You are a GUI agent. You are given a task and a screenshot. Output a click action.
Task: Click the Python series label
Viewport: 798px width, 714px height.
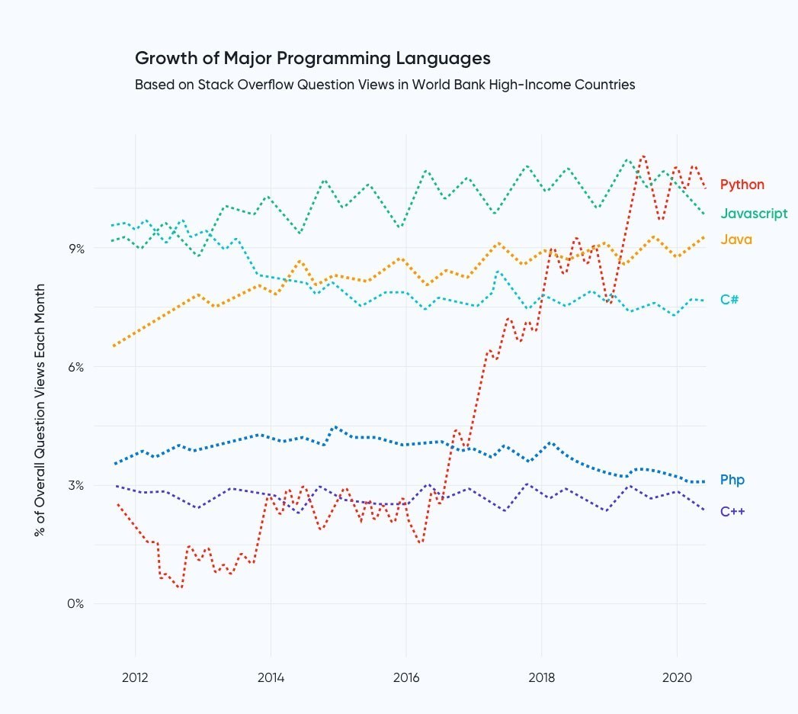(742, 185)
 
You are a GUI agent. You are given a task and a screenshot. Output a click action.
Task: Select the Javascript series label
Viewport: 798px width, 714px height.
(754, 214)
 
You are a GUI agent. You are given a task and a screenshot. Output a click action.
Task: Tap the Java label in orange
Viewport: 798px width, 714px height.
(736, 240)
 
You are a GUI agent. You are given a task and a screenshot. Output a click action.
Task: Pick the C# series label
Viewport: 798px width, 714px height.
(729, 300)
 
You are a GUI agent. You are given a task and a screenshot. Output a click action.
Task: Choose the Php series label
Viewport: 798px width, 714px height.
(732, 481)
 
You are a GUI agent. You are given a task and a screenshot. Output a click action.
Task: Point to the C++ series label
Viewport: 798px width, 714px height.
(732, 511)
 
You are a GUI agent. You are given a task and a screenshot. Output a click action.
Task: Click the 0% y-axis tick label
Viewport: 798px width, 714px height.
(75, 604)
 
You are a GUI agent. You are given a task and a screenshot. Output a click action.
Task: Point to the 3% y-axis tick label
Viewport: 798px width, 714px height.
(75, 486)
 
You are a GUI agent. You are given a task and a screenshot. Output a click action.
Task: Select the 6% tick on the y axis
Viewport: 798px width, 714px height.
(75, 367)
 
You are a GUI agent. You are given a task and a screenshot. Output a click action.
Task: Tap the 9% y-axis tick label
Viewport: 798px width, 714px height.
(75, 249)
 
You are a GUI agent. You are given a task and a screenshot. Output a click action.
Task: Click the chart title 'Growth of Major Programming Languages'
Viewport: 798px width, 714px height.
(312, 58)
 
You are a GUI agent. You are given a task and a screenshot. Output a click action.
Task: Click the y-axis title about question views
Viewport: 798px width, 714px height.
(40, 410)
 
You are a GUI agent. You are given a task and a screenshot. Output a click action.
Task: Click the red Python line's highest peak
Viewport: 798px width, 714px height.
(643, 156)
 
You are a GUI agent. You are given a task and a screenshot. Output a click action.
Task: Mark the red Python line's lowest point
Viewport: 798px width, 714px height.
(181, 587)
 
